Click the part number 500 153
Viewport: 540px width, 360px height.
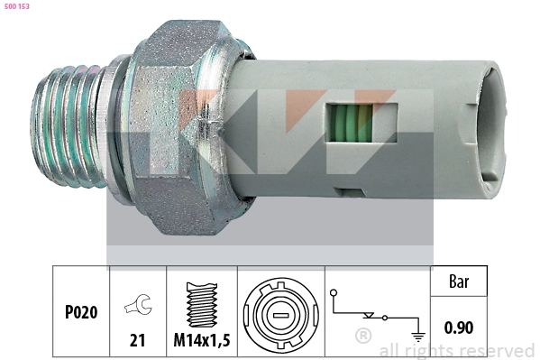tap(17, 6)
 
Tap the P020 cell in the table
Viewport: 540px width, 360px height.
tap(81, 312)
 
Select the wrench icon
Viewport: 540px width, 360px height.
tap(139, 304)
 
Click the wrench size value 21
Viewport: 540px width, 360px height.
tap(137, 340)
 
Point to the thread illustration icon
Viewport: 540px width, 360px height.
tap(202, 304)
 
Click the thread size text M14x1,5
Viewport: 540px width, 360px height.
tap(202, 340)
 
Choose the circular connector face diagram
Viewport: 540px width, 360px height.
tap(281, 316)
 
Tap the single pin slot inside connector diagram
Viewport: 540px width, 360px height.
tap(281, 315)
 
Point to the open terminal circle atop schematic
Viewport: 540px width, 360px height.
tap(334, 293)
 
